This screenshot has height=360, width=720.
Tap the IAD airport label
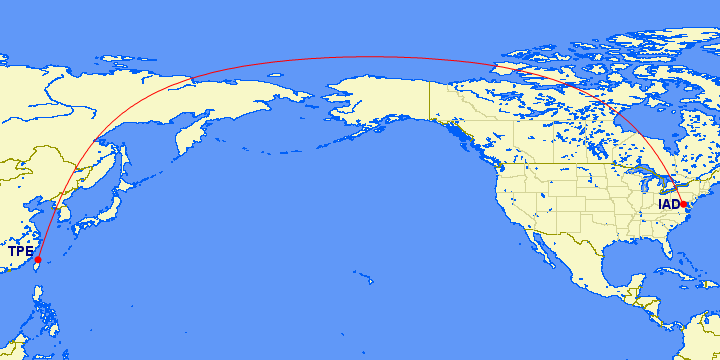coord(668,205)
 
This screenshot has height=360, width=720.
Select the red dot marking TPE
coord(38,259)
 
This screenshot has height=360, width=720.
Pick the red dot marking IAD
coord(684,204)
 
